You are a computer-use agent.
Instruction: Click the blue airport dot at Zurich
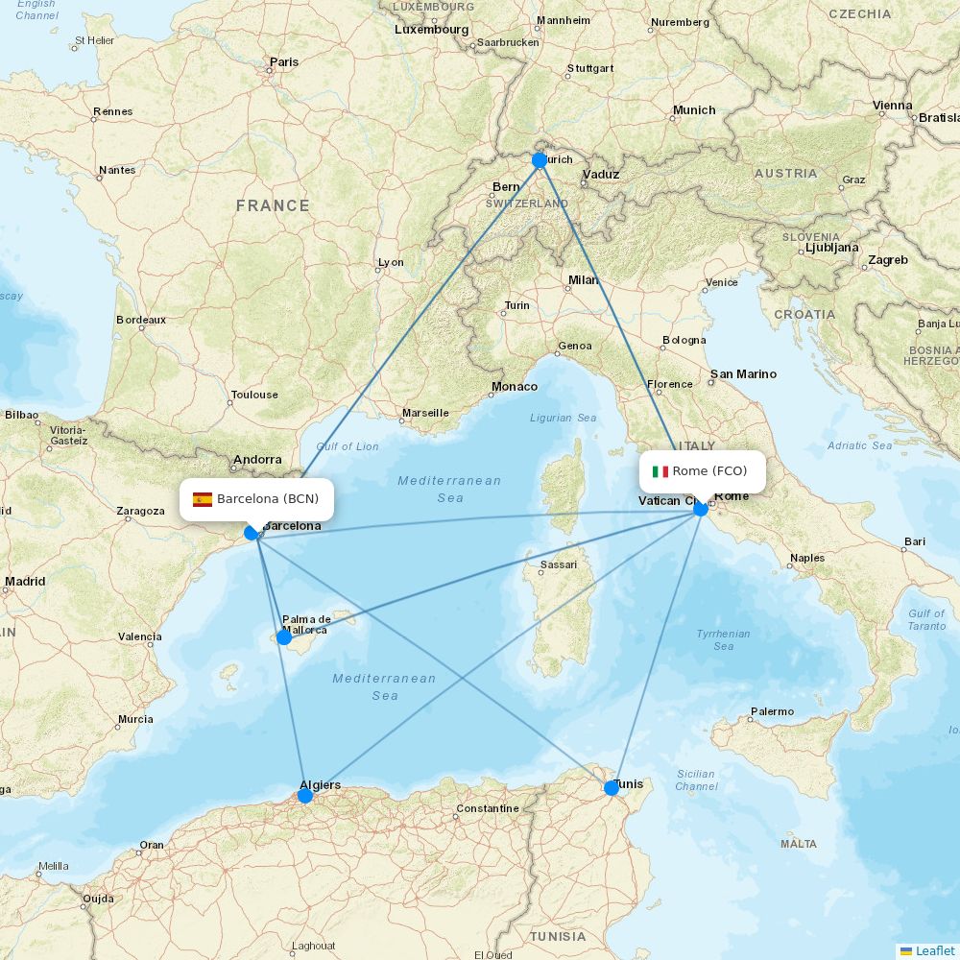(540, 160)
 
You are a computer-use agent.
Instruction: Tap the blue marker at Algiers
(305, 795)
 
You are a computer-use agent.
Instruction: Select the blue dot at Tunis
(612, 788)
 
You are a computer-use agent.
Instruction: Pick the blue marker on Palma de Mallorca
(284, 636)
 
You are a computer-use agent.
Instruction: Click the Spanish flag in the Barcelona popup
(203, 499)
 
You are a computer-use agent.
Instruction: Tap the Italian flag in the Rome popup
(660, 471)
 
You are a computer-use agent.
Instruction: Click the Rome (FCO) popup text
(709, 471)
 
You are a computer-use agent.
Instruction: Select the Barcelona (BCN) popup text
(268, 499)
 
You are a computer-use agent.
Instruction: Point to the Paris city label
(284, 62)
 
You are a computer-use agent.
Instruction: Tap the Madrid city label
(25, 582)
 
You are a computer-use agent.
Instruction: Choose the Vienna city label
(893, 106)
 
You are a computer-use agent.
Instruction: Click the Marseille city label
(425, 414)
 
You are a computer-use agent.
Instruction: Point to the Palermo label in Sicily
(773, 712)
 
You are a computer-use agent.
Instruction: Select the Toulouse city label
(254, 395)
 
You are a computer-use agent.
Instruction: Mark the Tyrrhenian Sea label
(724, 639)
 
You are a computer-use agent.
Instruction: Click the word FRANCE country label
(273, 205)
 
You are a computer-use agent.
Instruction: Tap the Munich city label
(694, 110)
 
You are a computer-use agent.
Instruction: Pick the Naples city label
(807, 558)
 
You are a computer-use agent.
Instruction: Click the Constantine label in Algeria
(488, 808)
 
